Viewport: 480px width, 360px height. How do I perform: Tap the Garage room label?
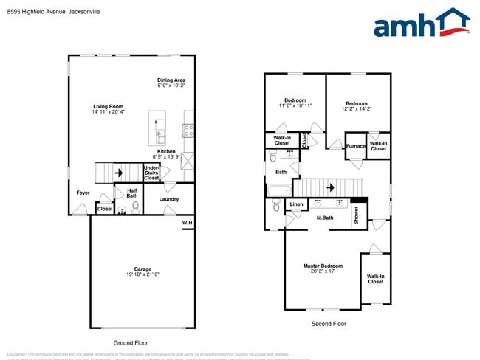coord(143,269)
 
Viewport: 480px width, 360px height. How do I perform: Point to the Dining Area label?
coord(171,80)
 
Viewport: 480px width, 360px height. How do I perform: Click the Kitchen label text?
coord(166,151)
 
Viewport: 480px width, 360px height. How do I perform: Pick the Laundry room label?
coord(169,199)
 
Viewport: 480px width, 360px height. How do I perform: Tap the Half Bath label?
coord(131,193)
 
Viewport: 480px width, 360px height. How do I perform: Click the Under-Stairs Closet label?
coord(151,173)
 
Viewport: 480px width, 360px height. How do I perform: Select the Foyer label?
coord(83,193)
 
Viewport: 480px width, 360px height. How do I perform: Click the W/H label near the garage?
coord(188,222)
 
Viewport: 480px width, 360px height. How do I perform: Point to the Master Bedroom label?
coord(323,266)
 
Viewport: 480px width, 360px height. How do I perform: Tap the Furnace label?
coord(356,146)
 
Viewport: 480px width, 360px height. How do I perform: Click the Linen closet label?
coord(296,204)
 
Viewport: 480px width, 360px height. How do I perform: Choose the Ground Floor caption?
coord(131,343)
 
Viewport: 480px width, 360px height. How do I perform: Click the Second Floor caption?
coord(327,324)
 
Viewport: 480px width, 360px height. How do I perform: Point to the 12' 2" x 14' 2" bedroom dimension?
coord(357,108)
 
